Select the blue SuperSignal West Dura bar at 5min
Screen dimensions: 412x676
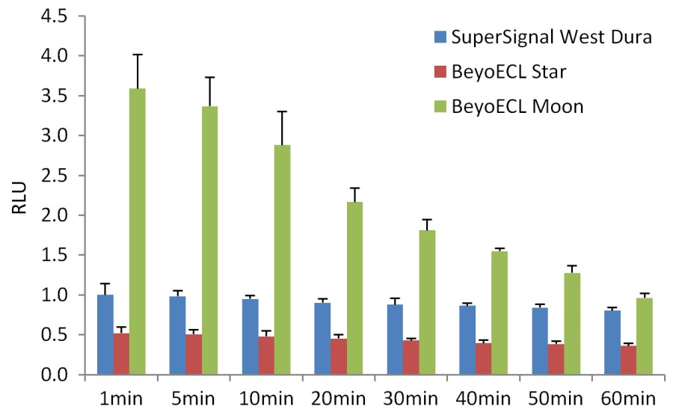tap(177, 336)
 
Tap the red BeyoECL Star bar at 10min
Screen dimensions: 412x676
tap(265, 356)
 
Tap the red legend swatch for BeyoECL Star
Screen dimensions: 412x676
tap(440, 72)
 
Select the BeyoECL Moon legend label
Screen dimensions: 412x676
tap(517, 106)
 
